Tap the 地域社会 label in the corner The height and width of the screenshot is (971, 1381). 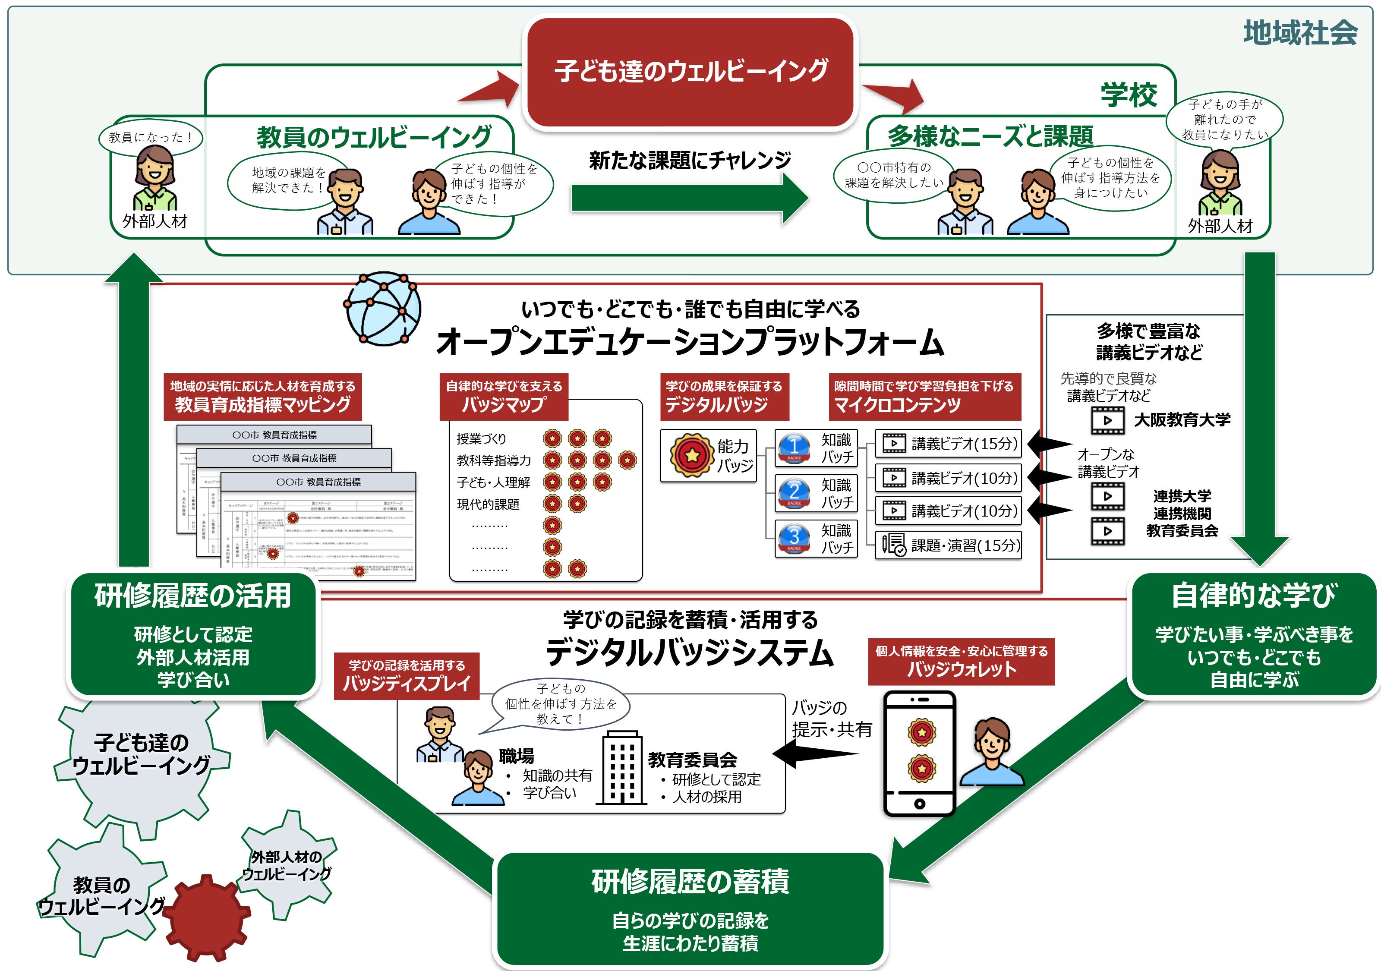1300,32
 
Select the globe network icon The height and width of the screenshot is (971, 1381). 382,308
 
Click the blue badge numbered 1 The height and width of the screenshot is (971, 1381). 794,447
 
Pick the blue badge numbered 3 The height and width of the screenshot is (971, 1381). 794,537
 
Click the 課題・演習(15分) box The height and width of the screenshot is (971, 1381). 948,545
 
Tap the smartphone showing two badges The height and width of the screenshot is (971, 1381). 919,753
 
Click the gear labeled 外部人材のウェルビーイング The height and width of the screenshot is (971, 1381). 287,864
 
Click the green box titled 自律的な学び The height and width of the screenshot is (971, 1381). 1254,635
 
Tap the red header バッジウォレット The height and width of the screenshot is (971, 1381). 961,661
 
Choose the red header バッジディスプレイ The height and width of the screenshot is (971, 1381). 407,676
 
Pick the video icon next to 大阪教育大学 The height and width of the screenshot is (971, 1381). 1107,420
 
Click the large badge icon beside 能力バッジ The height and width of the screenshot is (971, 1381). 691,455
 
